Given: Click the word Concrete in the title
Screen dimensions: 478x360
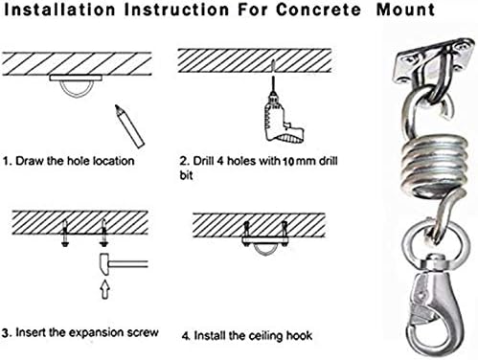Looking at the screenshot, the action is point(318,10).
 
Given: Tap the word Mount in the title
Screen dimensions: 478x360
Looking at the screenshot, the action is point(405,10).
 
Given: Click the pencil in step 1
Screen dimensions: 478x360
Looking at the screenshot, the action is point(129,126).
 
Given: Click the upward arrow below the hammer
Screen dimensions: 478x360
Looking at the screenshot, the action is point(105,289).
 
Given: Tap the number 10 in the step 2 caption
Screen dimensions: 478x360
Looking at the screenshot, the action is point(288,162).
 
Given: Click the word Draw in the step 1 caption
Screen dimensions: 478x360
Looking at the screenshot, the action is point(30,161).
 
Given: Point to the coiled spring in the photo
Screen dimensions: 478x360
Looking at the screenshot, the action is point(433,165).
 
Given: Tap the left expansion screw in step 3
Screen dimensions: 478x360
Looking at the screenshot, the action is point(65,234).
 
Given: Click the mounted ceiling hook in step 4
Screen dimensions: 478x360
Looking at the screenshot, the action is point(264,241).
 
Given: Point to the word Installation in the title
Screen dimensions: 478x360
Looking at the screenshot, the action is point(59,10).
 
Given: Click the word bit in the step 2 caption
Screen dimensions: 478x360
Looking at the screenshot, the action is point(186,175).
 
